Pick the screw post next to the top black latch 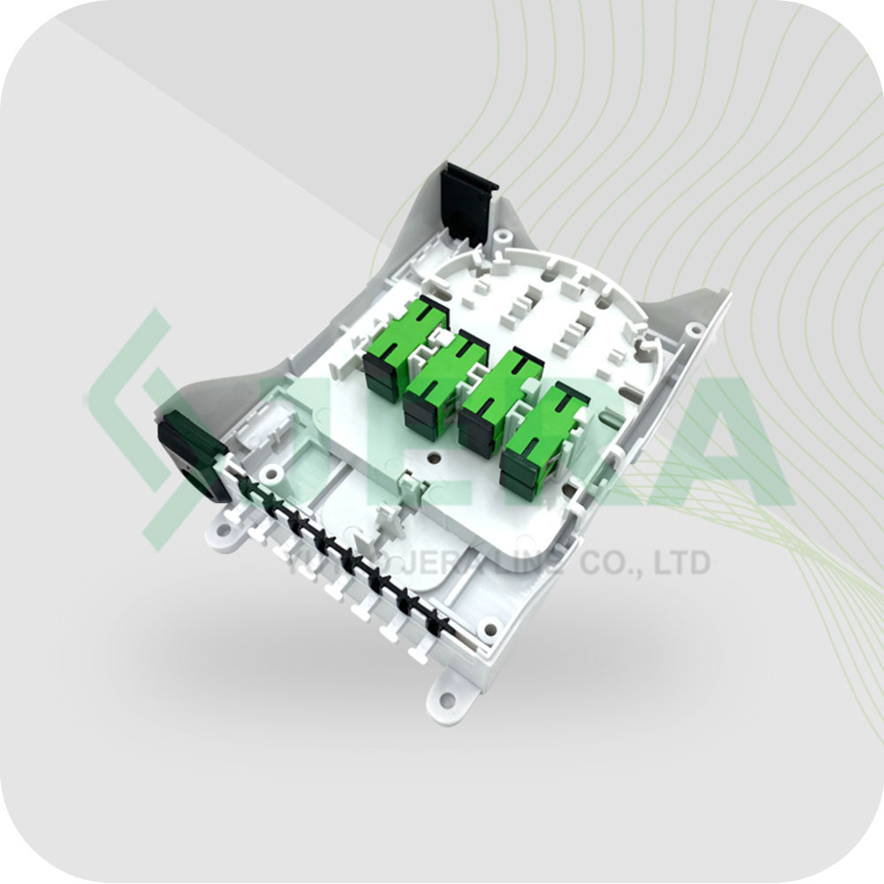pos(502,237)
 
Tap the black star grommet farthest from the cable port pos(434,622)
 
